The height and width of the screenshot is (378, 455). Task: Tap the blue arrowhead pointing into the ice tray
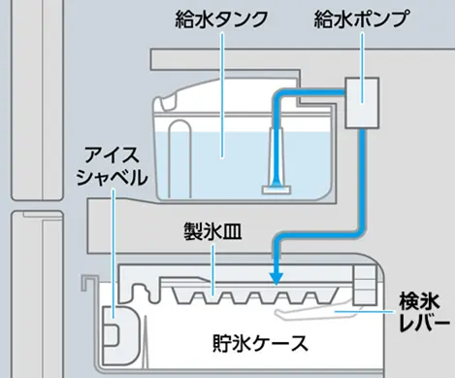click(276, 280)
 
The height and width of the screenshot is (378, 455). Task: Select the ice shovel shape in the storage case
click(113, 331)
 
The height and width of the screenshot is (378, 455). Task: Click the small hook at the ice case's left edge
click(87, 284)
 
